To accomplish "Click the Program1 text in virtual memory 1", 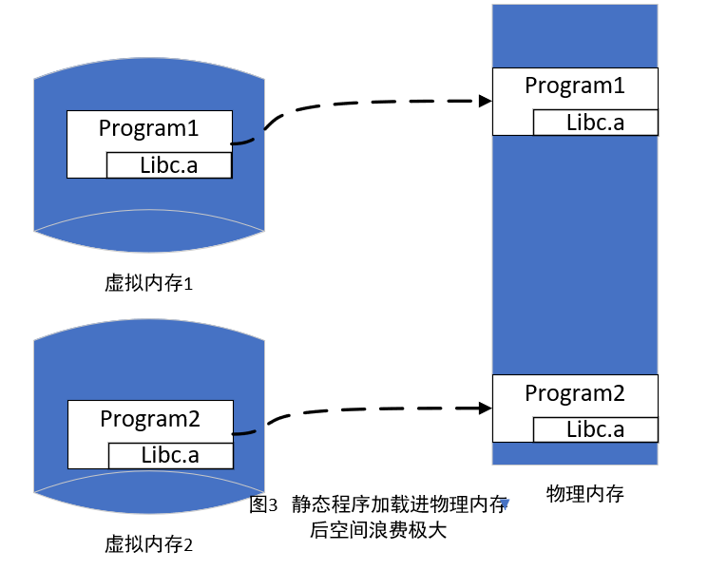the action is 148,128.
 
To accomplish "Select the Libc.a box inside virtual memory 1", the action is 169,165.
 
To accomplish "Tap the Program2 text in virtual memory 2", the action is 150,419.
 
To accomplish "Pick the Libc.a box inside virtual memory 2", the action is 171,455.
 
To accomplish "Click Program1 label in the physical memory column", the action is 575,85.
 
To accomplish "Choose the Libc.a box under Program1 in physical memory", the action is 596,123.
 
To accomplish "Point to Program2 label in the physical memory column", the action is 575,393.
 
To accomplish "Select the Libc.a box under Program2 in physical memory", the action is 596,429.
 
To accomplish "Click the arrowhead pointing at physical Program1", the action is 486,101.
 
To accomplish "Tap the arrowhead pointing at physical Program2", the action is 486,408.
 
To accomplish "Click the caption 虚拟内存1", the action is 148,283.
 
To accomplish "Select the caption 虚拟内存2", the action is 148,544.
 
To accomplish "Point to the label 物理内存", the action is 585,494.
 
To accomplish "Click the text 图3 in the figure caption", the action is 263,504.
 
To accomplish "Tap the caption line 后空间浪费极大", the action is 378,530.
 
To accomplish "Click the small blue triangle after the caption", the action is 505,503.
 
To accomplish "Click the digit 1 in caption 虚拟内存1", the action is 189,284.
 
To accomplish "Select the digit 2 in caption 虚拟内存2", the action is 188,545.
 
